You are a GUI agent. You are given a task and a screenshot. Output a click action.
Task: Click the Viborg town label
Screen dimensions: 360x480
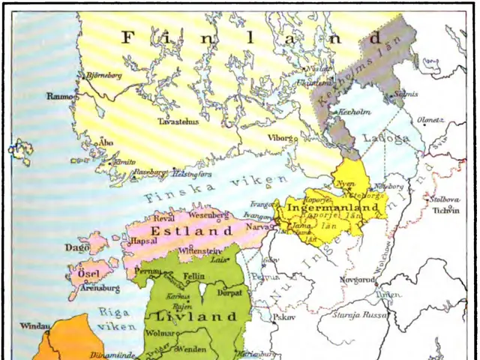click(x=282, y=138)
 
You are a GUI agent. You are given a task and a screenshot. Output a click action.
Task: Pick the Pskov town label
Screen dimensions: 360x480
click(x=283, y=316)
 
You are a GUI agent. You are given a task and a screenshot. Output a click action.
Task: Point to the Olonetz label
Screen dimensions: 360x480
click(x=430, y=120)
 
